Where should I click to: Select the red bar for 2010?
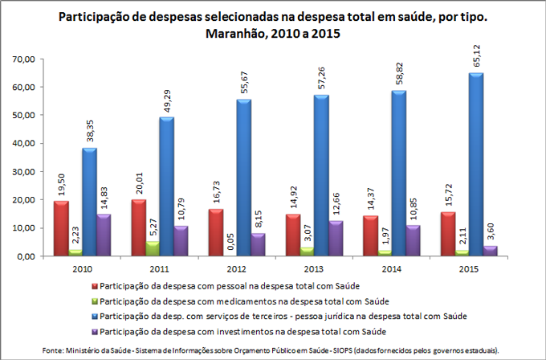pyautogui.click(x=62, y=228)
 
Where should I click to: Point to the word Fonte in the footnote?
pyautogui.click(x=54, y=350)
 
